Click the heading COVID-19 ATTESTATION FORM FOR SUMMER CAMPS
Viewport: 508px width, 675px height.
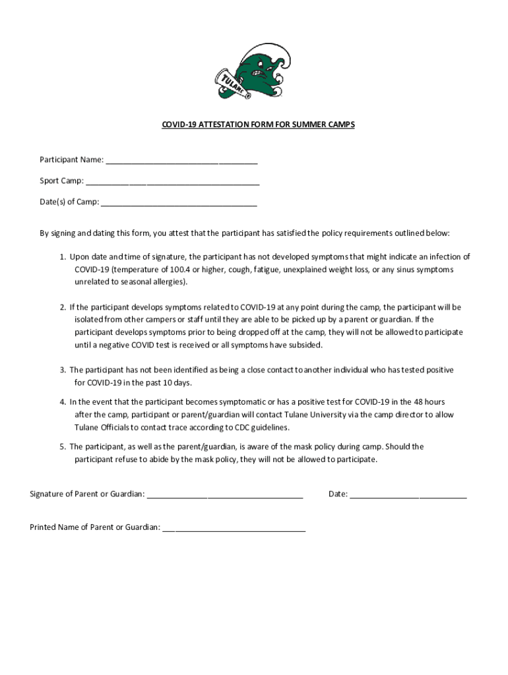tap(259, 124)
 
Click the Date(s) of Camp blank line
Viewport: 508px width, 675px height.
tap(179, 204)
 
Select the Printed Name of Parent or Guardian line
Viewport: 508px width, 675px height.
tap(234, 529)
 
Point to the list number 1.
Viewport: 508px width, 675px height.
tap(63, 257)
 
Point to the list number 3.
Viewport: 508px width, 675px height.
tap(63, 370)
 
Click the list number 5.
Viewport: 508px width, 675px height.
tap(63, 447)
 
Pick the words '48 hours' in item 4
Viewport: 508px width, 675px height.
tap(429, 402)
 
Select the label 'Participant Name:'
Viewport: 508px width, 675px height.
tap(71, 160)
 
